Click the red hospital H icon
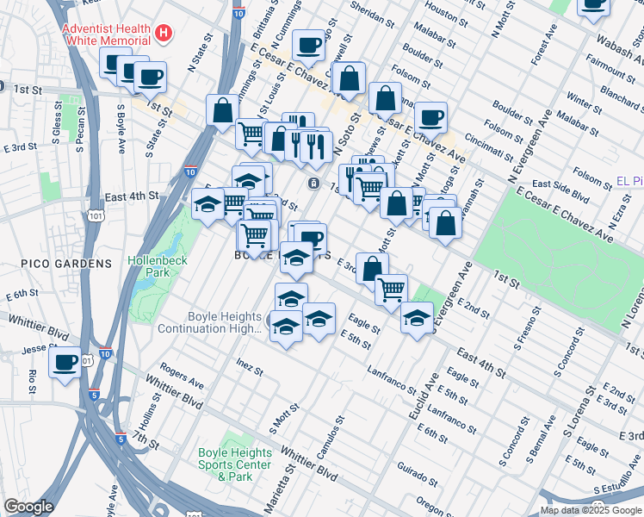tap(164, 34)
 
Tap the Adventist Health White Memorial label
tap(107, 34)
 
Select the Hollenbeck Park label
tap(152, 265)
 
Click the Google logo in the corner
tap(28, 507)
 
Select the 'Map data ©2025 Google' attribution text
tap(591, 510)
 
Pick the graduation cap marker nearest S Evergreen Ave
tap(418, 319)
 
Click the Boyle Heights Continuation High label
tap(209, 322)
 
